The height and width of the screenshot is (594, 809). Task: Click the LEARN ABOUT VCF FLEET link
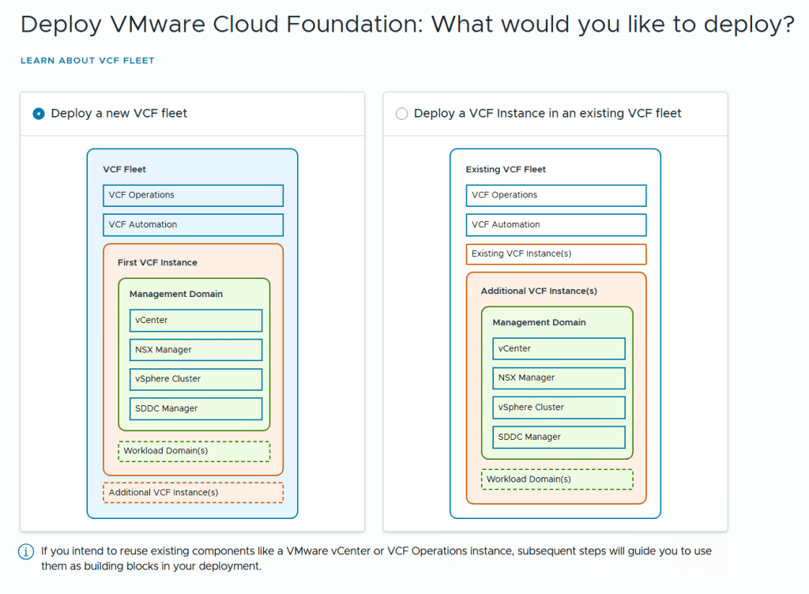click(x=87, y=60)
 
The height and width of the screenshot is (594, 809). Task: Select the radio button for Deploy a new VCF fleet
click(x=39, y=114)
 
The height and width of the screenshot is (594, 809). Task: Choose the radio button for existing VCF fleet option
click(x=401, y=114)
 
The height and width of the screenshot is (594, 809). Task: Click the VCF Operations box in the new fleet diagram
click(x=193, y=195)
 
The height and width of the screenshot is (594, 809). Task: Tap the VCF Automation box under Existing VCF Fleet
click(x=555, y=225)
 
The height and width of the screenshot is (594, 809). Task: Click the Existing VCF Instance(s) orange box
click(x=555, y=254)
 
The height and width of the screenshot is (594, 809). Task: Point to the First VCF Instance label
click(x=157, y=262)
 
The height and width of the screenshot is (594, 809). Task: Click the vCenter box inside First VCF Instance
click(x=195, y=321)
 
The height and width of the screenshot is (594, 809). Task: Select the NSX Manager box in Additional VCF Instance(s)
click(x=559, y=378)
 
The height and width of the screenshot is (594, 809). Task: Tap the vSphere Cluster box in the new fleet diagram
click(x=195, y=379)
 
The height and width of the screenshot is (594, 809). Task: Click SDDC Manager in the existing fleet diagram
click(x=559, y=437)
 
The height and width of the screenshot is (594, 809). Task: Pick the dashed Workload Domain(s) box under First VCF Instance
click(x=194, y=451)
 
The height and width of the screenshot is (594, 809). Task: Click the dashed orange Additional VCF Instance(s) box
click(x=193, y=493)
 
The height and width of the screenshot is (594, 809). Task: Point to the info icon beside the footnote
click(x=26, y=551)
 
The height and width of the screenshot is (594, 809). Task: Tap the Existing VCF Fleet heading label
click(x=506, y=169)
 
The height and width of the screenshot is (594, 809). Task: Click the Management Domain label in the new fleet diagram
click(x=176, y=294)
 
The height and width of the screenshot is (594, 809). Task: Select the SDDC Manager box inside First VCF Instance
click(x=195, y=408)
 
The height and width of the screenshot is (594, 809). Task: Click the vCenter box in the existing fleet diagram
click(x=559, y=349)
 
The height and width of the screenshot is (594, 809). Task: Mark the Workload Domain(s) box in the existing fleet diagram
click(x=557, y=479)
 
